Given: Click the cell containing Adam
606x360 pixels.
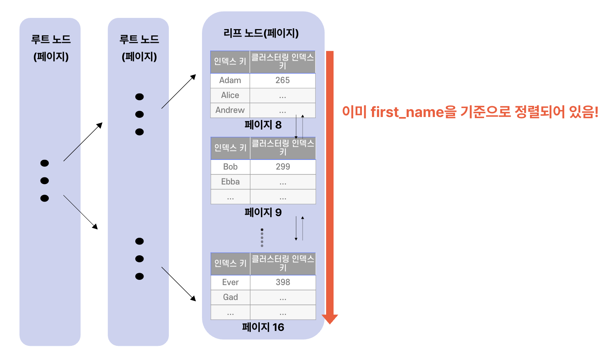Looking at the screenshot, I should click(230, 80).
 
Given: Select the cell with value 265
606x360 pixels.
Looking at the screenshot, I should click(283, 80).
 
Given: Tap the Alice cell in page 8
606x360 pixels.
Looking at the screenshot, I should click(230, 95).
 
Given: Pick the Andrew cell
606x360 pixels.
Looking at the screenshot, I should click(230, 110).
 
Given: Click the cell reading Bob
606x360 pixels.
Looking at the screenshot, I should click(230, 167).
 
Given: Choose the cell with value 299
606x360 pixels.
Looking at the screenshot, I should click(283, 167).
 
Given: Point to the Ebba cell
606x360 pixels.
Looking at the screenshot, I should click(230, 182).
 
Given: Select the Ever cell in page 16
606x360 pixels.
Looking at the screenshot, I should click(230, 282).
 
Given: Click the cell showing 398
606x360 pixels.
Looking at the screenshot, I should click(283, 282).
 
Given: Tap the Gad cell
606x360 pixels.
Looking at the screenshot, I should click(230, 297).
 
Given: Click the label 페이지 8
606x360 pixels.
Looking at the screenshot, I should click(263, 125).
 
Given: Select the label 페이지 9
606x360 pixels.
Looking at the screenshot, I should click(263, 212).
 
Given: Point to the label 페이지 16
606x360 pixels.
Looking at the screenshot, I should click(263, 327).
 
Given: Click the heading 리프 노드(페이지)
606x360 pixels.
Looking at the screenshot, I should click(261, 34).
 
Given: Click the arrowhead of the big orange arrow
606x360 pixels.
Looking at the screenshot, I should click(330, 319).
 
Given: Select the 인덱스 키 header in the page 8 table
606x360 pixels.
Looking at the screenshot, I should click(230, 62).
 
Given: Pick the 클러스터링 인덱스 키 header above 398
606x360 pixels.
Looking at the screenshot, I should click(283, 263).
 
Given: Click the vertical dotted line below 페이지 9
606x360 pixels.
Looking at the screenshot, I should click(262, 238).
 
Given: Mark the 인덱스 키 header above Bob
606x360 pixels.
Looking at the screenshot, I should click(230, 148).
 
